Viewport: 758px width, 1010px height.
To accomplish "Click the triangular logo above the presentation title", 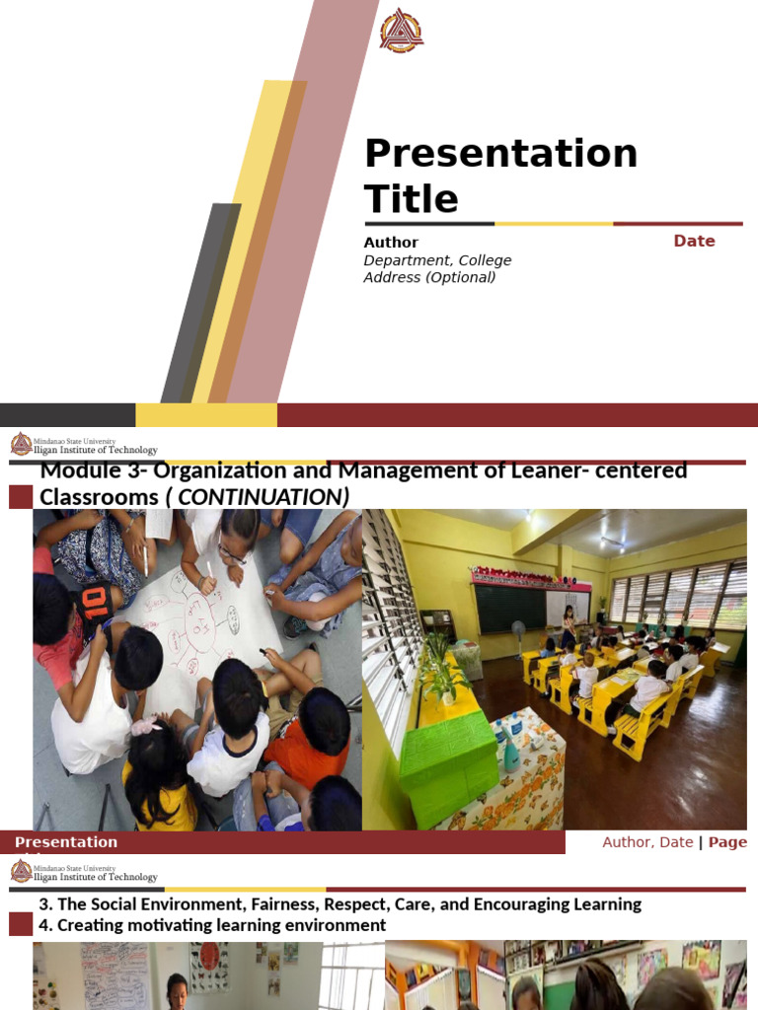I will [x=402, y=31].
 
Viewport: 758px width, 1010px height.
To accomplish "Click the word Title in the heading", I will [x=411, y=199].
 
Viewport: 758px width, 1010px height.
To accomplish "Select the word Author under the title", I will [x=391, y=242].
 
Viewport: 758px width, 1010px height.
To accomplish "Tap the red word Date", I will [x=694, y=241].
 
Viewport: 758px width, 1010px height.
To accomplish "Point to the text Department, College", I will [x=437, y=260].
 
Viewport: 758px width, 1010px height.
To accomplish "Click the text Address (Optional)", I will [x=429, y=277].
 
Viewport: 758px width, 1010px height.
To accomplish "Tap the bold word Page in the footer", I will [x=727, y=842].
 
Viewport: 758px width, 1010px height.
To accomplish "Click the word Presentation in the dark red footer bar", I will [x=66, y=842].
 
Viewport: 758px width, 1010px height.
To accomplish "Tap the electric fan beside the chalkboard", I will [x=518, y=636].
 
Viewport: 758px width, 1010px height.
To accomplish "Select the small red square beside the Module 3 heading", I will [x=21, y=497].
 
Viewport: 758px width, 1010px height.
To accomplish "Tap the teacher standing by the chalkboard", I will [x=568, y=624].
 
